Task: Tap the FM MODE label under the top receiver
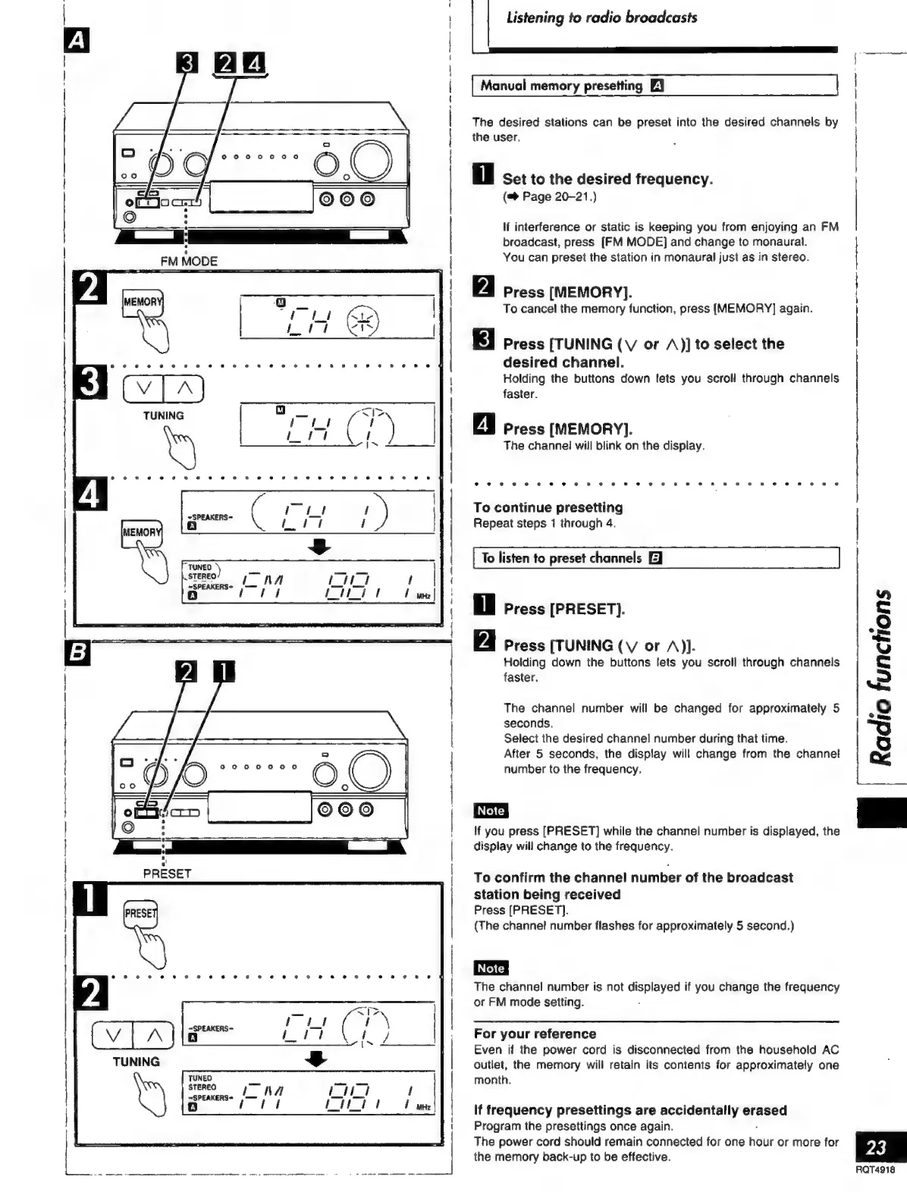(189, 261)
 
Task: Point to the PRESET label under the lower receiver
(168, 873)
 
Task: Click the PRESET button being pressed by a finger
(140, 913)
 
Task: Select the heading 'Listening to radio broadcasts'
(601, 17)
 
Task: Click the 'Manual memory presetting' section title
(561, 86)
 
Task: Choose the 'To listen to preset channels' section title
(562, 558)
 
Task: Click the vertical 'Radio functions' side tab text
(882, 674)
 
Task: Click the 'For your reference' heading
(535, 1034)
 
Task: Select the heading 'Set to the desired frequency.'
(607, 179)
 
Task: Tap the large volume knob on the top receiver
(371, 161)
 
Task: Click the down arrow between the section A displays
(321, 547)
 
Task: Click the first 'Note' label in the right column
(491, 811)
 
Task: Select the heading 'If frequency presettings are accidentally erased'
(630, 1110)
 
